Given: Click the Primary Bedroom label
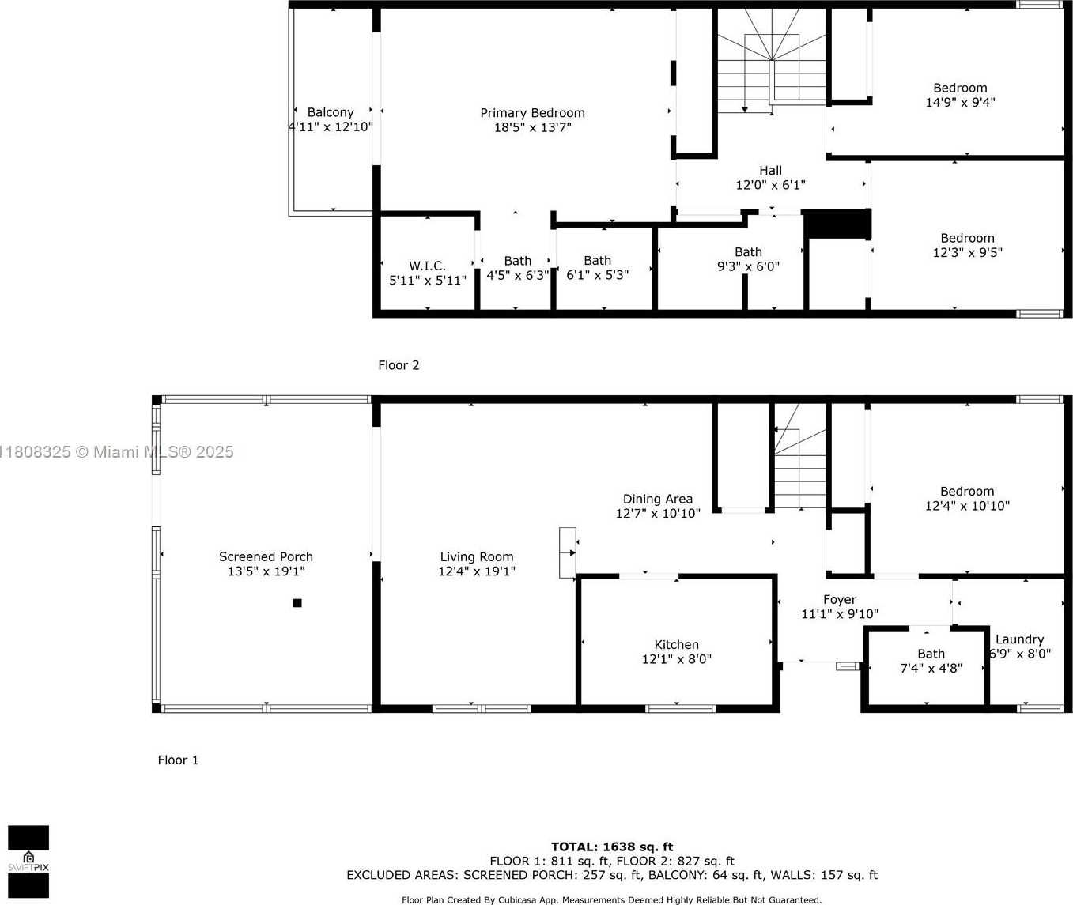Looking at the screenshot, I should pyautogui.click(x=532, y=113).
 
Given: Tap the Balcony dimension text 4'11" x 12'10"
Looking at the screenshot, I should pyautogui.click(x=331, y=126).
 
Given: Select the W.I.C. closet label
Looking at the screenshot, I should pyautogui.click(x=427, y=266).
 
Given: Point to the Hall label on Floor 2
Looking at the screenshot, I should pyautogui.click(x=770, y=171).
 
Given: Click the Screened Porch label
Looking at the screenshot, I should pyautogui.click(x=266, y=557).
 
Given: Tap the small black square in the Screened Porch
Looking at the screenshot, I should pyautogui.click(x=297, y=603).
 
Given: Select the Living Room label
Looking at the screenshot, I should pyautogui.click(x=476, y=557).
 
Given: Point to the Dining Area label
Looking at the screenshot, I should pyautogui.click(x=657, y=500).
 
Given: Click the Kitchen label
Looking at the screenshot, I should pyautogui.click(x=676, y=645).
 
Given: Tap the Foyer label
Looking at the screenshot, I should pyautogui.click(x=839, y=600).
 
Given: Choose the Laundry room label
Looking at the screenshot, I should pyautogui.click(x=1019, y=639).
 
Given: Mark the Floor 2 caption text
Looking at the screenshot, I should pyautogui.click(x=399, y=365).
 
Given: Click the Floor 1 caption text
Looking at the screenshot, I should pyautogui.click(x=178, y=760).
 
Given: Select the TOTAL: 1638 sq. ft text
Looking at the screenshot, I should pyautogui.click(x=612, y=847).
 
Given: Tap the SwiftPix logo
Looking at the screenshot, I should pyautogui.click(x=28, y=862).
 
